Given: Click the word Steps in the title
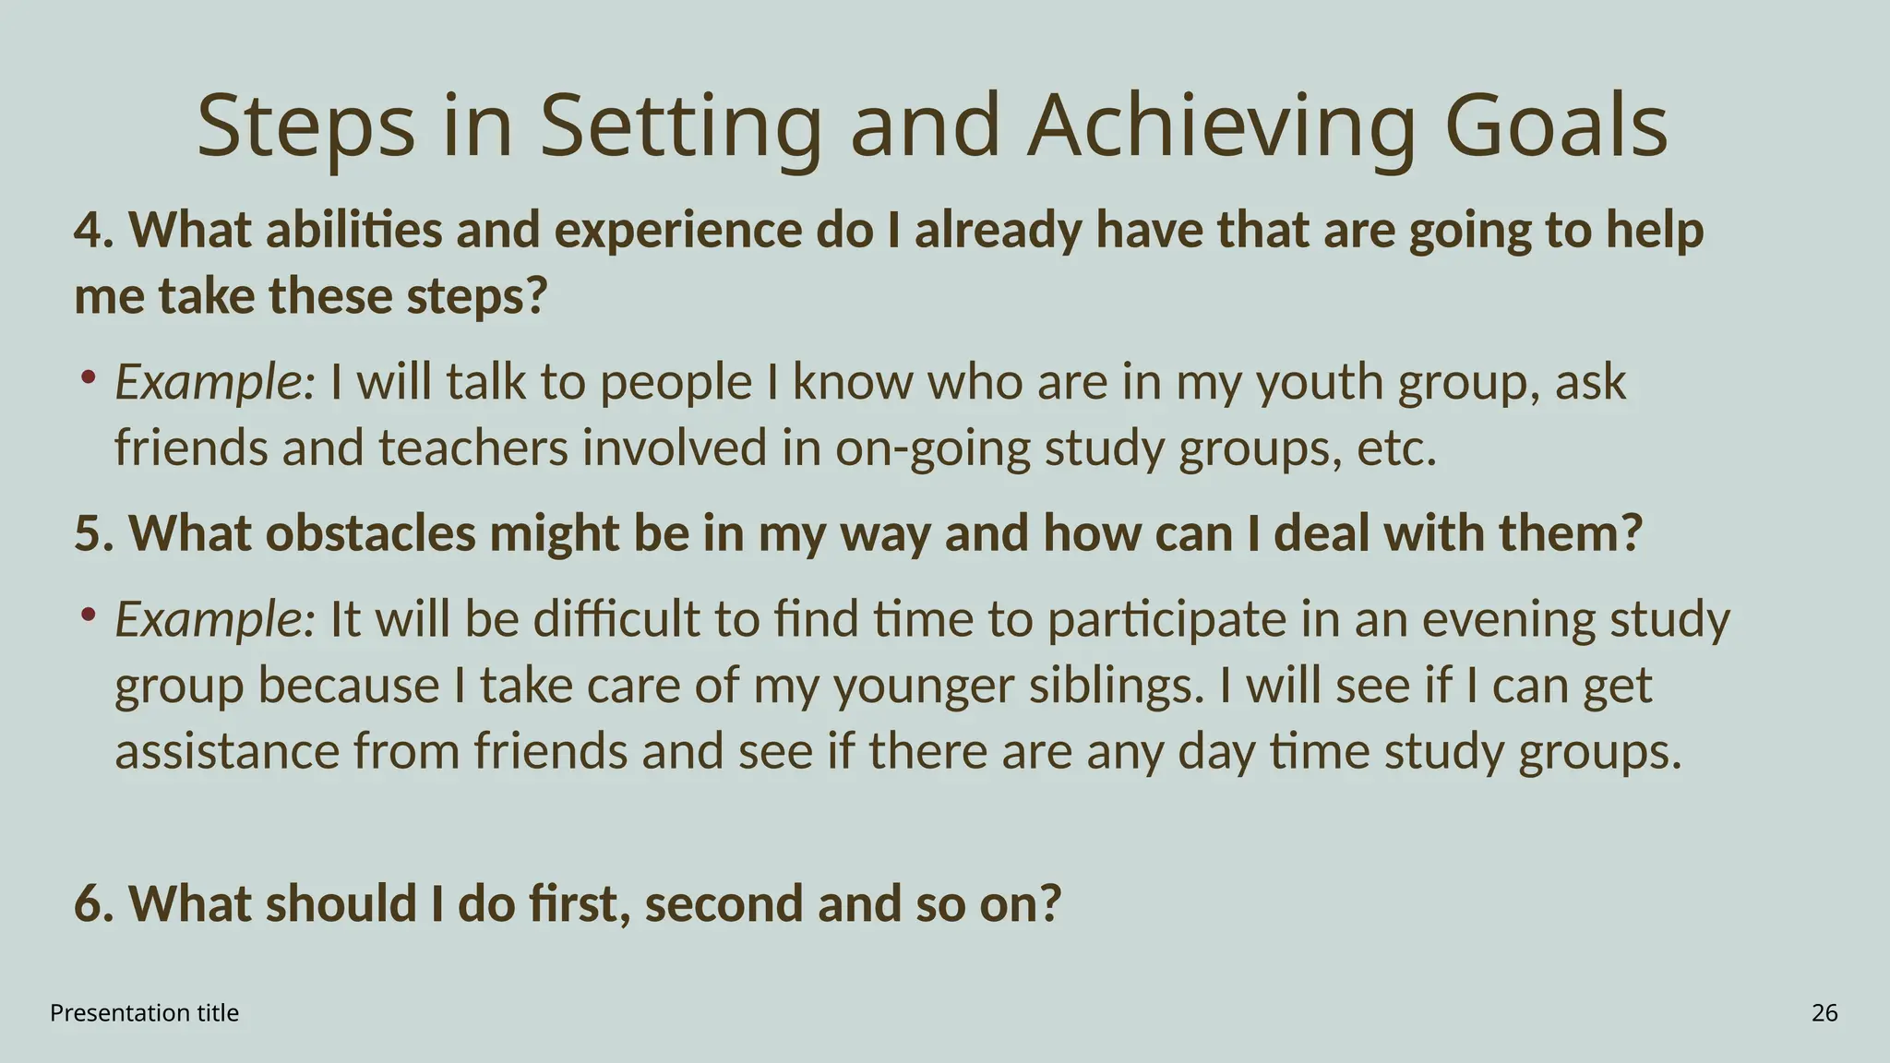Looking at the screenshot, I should [305, 126].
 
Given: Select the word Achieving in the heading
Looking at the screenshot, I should [1220, 126].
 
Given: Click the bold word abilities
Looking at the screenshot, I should [353, 230].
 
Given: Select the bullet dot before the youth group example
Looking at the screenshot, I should [88, 376].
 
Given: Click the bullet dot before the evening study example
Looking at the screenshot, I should [88, 614].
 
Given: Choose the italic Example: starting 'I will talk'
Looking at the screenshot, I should [215, 382].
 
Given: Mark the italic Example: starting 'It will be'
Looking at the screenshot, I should [215, 619].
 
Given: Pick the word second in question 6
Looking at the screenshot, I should [724, 903].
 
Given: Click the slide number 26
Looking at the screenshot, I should [1824, 1013].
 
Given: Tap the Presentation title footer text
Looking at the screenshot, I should [144, 1013].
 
